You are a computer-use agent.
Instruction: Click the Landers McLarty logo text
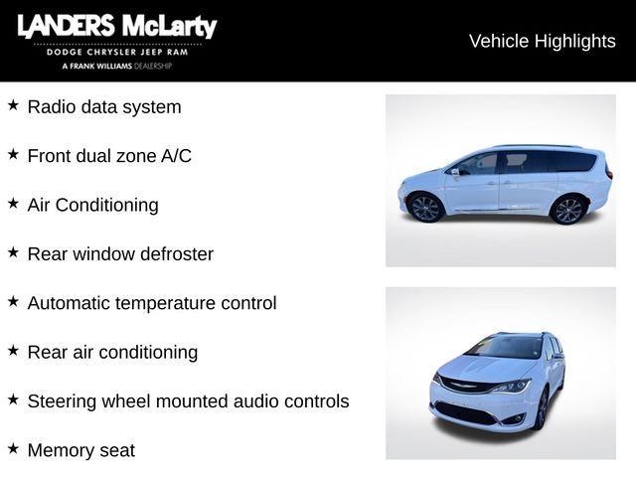coord(116,27)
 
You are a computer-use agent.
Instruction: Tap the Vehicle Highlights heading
coord(542,41)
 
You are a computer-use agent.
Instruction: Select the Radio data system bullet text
coord(104,106)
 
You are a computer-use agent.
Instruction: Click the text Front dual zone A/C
coord(109,155)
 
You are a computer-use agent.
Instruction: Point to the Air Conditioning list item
coord(92,205)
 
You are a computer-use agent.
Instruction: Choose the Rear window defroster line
coord(120,253)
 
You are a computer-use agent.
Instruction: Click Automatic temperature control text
coord(152,303)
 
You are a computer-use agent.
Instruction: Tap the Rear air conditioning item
coord(112,352)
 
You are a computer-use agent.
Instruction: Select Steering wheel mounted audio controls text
coord(188,401)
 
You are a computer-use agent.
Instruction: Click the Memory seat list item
coord(80,450)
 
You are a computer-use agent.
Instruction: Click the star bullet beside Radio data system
coord(13,104)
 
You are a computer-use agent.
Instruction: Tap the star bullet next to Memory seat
coord(13,448)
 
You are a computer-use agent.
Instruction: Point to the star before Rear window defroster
coord(13,251)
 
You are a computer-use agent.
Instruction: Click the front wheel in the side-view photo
coord(426,208)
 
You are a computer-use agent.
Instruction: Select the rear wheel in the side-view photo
coord(567,210)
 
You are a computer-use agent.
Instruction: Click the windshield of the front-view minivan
coord(504,347)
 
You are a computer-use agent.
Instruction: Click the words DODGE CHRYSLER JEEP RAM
coord(116,52)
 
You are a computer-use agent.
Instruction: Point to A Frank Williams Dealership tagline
coord(116,66)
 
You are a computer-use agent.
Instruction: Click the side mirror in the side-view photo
coord(456,171)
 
